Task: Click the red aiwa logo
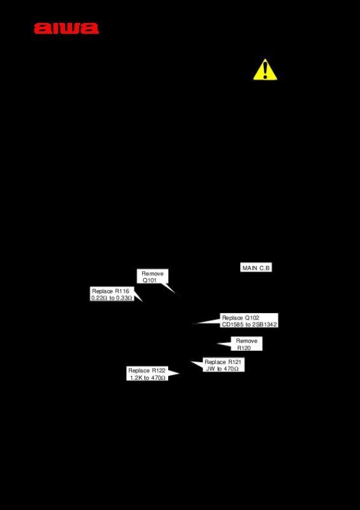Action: coord(66,28)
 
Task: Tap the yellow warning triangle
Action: coord(265,69)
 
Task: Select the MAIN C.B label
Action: coord(256,268)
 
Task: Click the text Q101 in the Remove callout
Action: coord(149,280)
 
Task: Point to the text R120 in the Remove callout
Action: coord(244,348)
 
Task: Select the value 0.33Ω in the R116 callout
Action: coord(124,298)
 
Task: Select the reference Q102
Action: coord(252,317)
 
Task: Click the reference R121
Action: coord(234,362)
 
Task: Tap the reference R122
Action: coord(159,371)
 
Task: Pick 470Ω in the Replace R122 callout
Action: coord(157,378)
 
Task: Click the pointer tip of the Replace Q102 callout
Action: coord(192,324)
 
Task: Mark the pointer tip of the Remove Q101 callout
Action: coord(179,296)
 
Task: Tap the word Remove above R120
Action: coord(247,341)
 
